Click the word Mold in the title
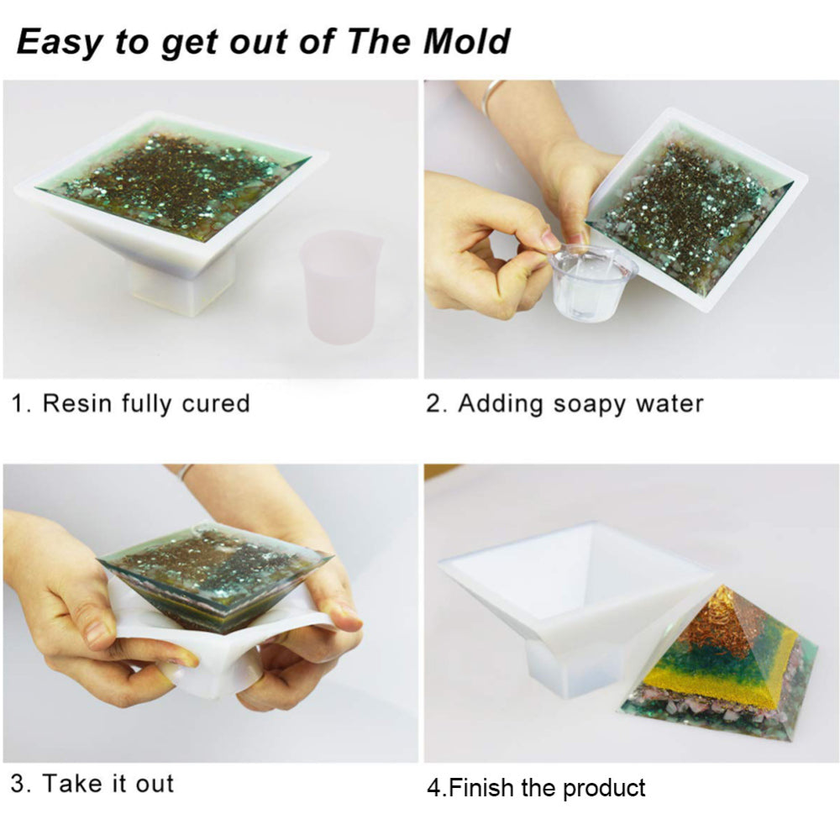466,41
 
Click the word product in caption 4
604,789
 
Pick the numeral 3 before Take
17,784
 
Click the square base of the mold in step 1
182,286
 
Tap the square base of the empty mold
570,667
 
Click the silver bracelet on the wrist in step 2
491,97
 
